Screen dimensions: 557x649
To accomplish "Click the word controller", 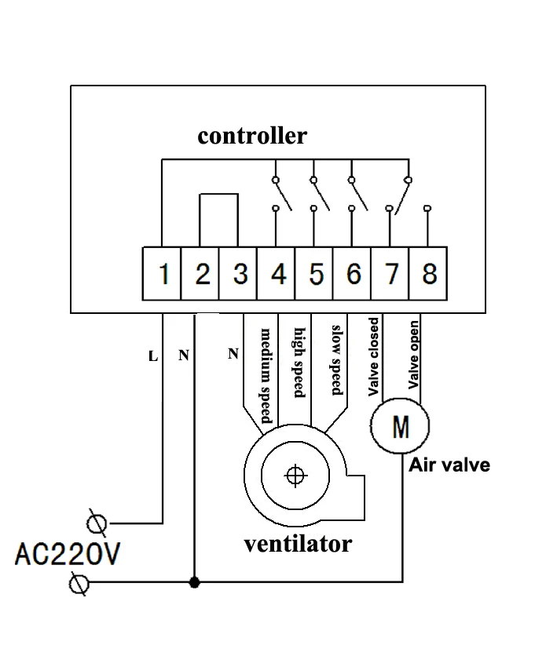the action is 252,135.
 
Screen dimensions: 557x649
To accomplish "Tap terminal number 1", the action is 162,274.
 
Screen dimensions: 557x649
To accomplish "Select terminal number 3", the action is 238,274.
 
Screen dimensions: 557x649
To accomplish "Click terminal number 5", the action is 313,274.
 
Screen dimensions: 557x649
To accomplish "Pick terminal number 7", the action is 390,274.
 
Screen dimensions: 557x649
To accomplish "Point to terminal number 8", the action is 428,274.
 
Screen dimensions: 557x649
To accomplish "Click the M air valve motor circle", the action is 400,426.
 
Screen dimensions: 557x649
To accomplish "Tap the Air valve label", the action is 449,465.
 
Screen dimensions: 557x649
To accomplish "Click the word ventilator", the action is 298,544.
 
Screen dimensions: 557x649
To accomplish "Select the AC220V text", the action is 68,554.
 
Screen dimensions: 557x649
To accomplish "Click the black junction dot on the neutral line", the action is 194,582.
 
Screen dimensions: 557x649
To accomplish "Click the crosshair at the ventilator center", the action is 295,476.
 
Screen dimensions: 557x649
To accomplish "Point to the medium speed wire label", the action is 266,376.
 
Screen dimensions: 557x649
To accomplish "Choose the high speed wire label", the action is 299,363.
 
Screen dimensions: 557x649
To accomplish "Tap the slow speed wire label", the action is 337,360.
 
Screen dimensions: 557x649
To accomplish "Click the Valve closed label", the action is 373,357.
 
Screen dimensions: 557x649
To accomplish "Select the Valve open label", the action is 413,355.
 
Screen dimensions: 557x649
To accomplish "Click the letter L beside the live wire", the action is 153,356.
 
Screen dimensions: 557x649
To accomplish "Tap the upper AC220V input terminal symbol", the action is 97,523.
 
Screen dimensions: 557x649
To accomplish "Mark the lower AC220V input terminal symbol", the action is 79,584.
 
